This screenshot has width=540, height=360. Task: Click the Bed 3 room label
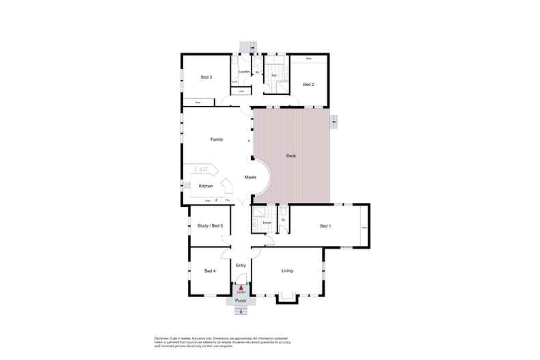(x=206, y=77)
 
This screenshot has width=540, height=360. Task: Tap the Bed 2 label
(x=308, y=84)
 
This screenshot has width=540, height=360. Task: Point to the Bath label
(x=273, y=74)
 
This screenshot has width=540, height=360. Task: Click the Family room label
(x=217, y=139)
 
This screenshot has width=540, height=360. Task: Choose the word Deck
(x=291, y=156)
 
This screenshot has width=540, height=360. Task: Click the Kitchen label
(x=206, y=186)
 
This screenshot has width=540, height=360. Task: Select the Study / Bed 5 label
(x=210, y=225)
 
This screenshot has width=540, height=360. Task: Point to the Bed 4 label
(x=210, y=271)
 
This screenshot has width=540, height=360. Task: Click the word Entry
(x=241, y=265)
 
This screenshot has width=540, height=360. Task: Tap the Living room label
(x=287, y=271)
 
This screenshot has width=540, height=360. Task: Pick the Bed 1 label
(x=325, y=226)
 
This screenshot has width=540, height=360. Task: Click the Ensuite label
(x=268, y=223)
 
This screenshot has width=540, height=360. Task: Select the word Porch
(x=241, y=301)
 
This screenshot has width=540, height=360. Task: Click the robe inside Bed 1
(x=364, y=227)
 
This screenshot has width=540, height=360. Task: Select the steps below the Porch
(x=241, y=311)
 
